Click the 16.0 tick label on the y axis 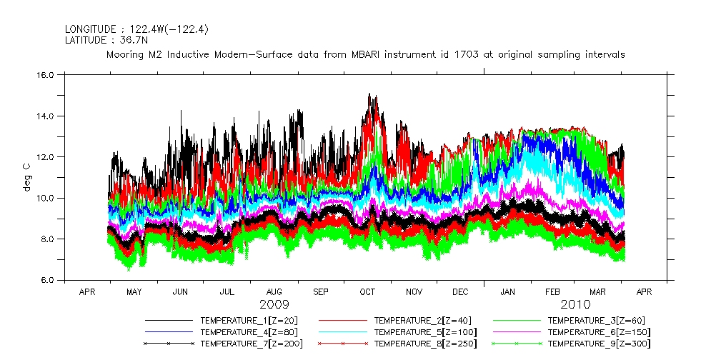coord(46,75)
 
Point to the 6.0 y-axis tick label coord(46,280)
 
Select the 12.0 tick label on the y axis coord(46,157)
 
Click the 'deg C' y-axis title coord(26,177)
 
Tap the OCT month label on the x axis coord(367,292)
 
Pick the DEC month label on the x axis coord(461,292)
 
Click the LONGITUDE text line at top coord(136,29)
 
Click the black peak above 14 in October coord(369,95)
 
